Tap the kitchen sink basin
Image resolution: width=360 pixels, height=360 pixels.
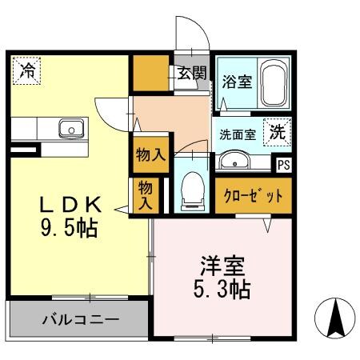71,127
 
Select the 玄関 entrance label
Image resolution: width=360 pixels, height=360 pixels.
191,74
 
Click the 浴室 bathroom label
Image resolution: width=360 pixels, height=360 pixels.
237,81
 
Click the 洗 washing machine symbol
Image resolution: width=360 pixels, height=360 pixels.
277,132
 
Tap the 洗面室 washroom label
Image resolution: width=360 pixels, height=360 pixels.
238,134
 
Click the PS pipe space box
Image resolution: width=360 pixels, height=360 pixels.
284,166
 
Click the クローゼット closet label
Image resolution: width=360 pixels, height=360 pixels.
253,197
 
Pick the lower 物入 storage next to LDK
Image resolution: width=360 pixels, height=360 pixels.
145,196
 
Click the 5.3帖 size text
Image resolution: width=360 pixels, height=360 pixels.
222,290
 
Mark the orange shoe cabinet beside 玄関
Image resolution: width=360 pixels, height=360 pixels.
150,74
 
